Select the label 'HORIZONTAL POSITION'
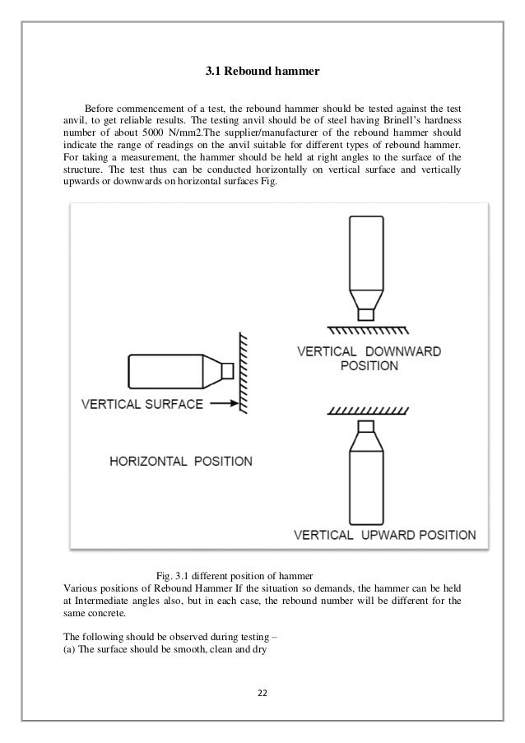click(x=180, y=460)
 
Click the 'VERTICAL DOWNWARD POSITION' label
click(x=369, y=357)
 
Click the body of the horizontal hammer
click(x=165, y=371)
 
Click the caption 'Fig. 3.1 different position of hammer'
click(x=235, y=574)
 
